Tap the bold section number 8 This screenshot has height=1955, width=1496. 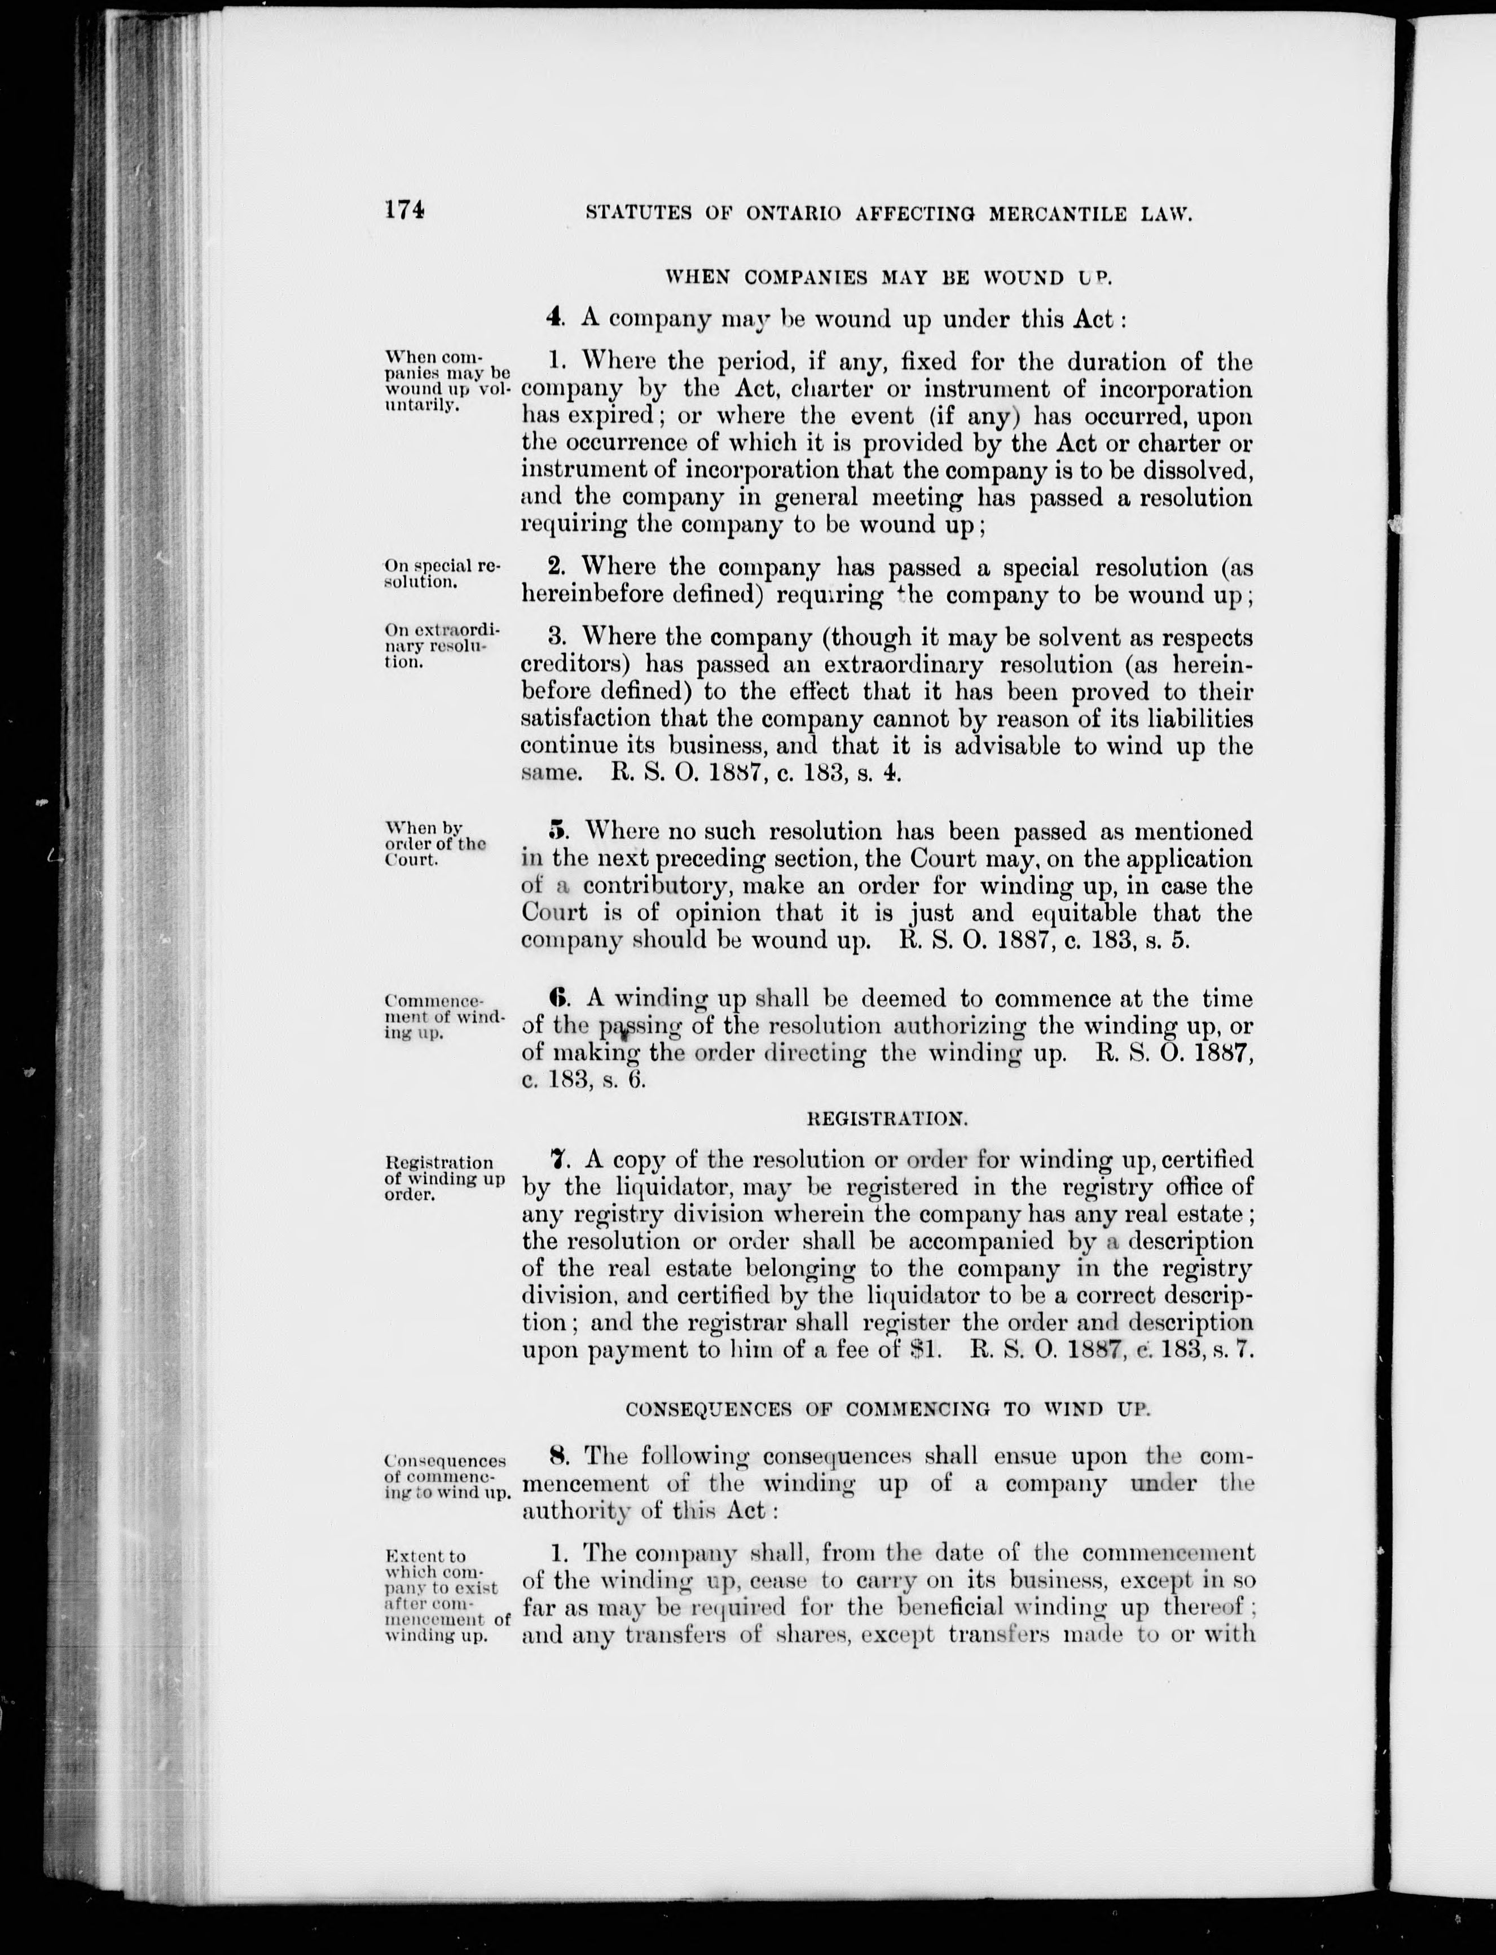tap(558, 1456)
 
